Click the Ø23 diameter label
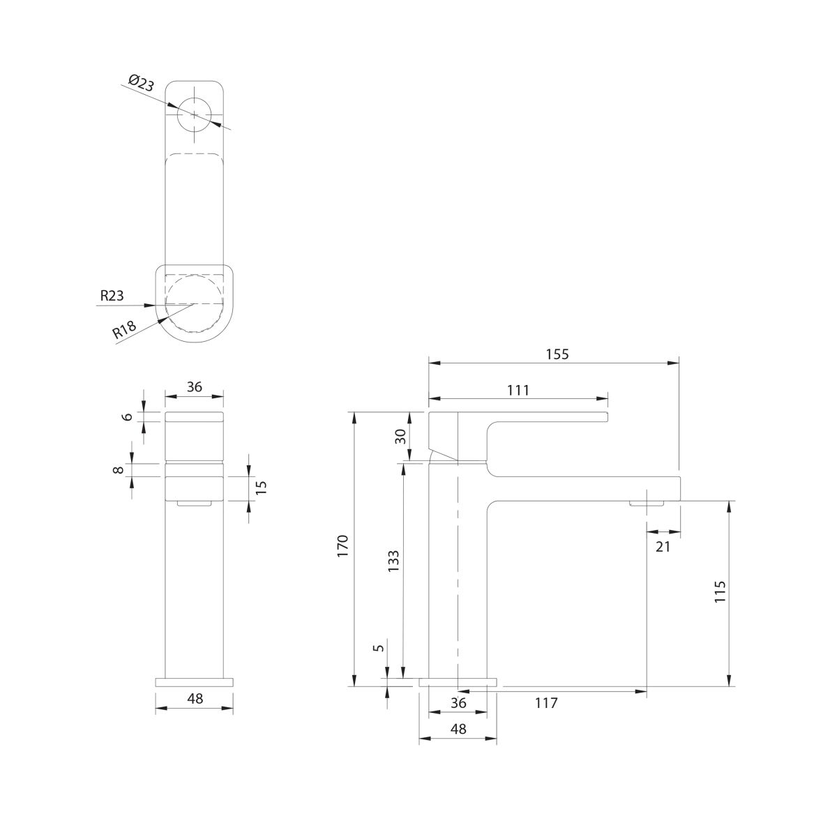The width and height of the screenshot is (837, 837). pos(142,83)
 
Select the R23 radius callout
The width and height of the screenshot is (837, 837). pos(112,296)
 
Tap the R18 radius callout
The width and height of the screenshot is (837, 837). pos(125,329)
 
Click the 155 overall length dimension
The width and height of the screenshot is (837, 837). pos(557,354)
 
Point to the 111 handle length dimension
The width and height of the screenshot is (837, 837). pos(518,391)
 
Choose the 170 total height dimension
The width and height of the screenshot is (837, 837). pos(342,547)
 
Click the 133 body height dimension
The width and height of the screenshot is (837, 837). pos(393,561)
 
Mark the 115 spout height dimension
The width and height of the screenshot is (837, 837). pos(720,591)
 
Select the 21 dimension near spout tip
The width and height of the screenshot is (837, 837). pos(663,547)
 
